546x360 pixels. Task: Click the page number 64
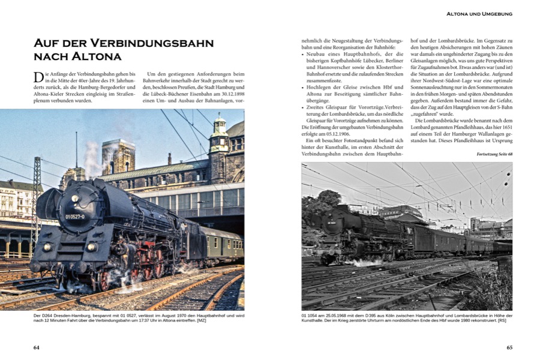[36, 347]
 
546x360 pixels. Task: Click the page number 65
[509, 347]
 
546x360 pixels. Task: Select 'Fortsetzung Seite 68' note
[488, 154]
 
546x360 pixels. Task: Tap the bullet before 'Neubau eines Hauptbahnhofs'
[303, 53]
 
